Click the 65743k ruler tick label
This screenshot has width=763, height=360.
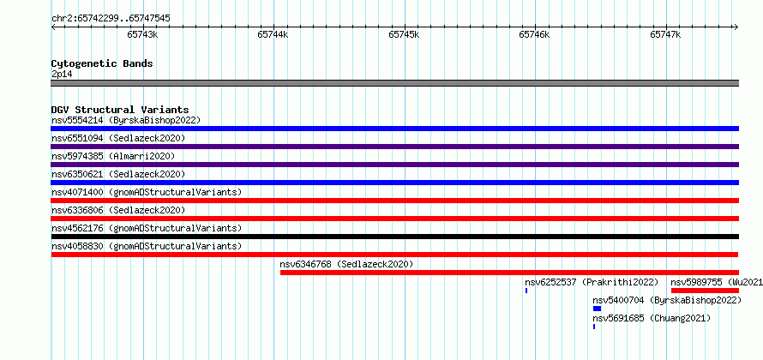pyautogui.click(x=142, y=34)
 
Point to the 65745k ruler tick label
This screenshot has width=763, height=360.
pyautogui.click(x=404, y=34)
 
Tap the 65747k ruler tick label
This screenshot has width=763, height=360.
pyautogui.click(x=665, y=34)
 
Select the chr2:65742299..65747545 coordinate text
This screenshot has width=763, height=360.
pyautogui.click(x=111, y=19)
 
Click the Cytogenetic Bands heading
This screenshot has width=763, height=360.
pyautogui.click(x=102, y=63)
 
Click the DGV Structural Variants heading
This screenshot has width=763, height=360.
pyautogui.click(x=120, y=110)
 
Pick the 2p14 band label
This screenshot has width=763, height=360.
pyautogui.click(x=62, y=74)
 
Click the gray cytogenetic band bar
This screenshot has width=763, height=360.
pyautogui.click(x=394, y=83)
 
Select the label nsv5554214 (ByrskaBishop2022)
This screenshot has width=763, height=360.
pyautogui.click(x=126, y=120)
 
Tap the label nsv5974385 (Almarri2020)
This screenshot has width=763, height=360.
pyautogui.click(x=113, y=156)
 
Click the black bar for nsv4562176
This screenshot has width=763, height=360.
pyautogui.click(x=394, y=237)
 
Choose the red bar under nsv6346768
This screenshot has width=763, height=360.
pyautogui.click(x=509, y=273)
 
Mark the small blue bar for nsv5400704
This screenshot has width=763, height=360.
pyautogui.click(x=597, y=309)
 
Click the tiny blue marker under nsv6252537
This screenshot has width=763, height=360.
pyautogui.click(x=526, y=291)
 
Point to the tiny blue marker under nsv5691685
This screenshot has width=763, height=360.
pyautogui.click(x=594, y=327)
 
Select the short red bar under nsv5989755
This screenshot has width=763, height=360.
pyautogui.click(x=705, y=291)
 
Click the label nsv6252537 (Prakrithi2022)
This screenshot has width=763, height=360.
pyautogui.click(x=592, y=282)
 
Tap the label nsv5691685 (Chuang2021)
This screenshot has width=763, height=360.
pyautogui.click(x=652, y=318)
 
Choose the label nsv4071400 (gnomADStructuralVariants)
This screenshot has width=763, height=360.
pyautogui.click(x=147, y=192)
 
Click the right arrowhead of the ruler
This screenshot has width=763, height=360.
pyautogui.click(x=736, y=27)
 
